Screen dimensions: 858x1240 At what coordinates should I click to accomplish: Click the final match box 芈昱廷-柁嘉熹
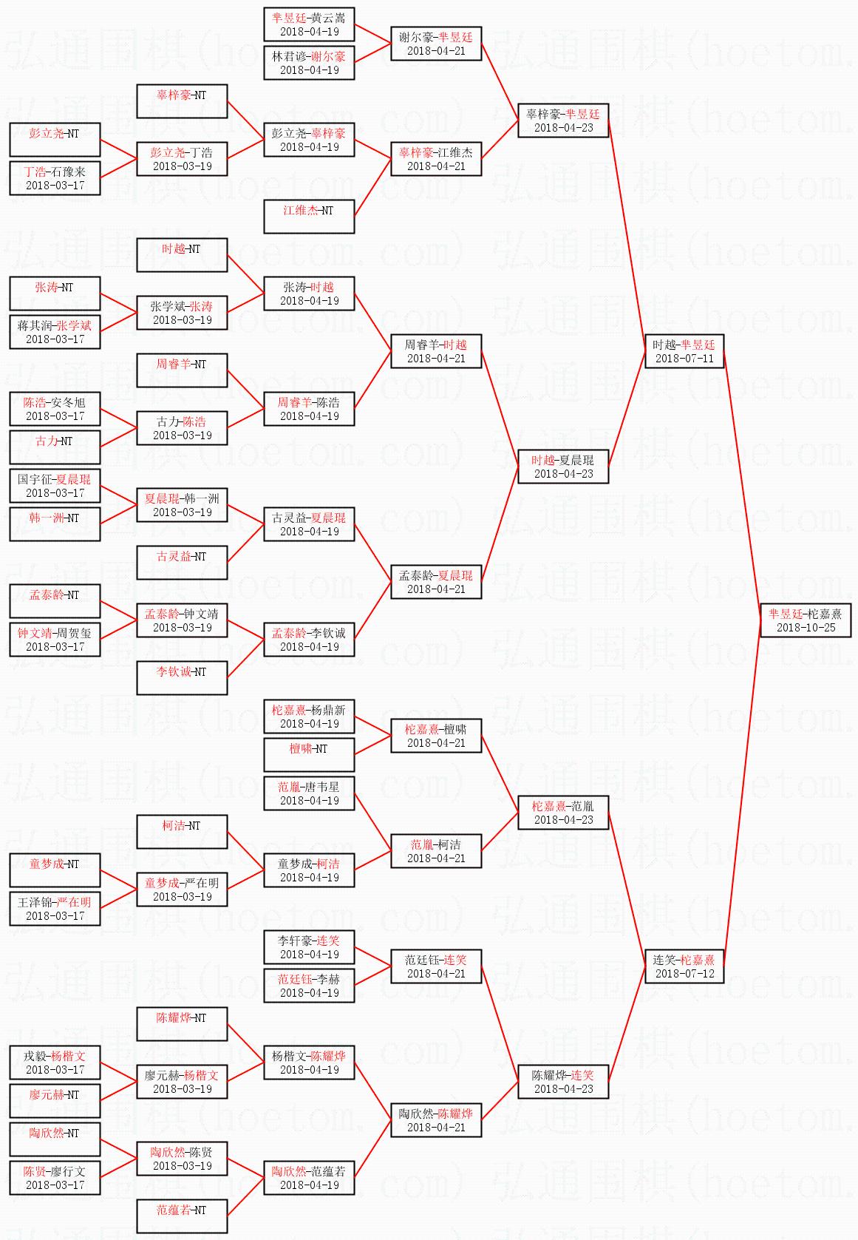[x=805, y=620]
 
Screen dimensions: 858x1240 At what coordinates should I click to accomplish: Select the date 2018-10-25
[x=806, y=628]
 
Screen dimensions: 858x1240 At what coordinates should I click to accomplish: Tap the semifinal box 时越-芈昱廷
[x=684, y=350]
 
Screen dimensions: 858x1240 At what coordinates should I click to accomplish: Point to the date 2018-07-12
[x=684, y=974]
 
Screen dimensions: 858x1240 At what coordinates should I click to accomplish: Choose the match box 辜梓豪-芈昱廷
[x=562, y=120]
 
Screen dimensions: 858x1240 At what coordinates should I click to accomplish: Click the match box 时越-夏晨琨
[x=562, y=466]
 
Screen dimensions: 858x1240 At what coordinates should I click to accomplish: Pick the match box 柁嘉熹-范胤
[x=562, y=812]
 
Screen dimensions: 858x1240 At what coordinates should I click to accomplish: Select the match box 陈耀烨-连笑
[x=562, y=1081]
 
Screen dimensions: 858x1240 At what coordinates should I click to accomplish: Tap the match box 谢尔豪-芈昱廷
[x=435, y=43]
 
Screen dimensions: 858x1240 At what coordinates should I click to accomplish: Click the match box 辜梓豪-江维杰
[x=435, y=158]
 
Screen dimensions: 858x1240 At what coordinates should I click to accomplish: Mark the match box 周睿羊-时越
[x=435, y=350]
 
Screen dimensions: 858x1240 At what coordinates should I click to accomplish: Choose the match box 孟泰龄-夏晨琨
[x=435, y=581]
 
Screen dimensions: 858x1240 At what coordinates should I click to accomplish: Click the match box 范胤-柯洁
[x=435, y=850]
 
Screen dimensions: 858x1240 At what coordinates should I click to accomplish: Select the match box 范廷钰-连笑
[x=435, y=966]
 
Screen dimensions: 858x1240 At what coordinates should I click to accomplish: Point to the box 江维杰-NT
[x=308, y=216]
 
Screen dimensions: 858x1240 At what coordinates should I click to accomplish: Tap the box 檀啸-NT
[x=308, y=754]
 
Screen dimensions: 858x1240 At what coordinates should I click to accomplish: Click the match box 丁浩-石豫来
[x=54, y=177]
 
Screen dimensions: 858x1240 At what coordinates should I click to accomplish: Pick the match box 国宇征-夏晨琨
[x=54, y=485]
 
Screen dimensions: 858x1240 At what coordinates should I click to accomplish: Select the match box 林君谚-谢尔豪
[x=308, y=62]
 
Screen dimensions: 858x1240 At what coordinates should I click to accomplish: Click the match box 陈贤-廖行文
[x=54, y=1177]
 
